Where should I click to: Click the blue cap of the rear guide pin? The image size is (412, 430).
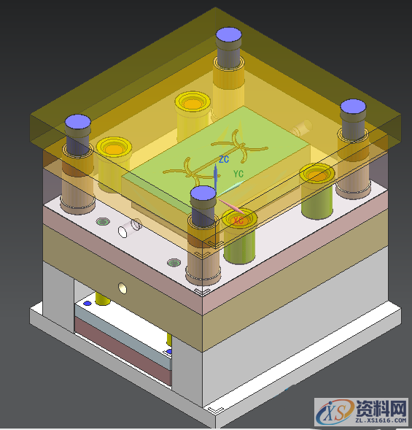point(228,34)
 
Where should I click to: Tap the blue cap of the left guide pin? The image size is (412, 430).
point(77,123)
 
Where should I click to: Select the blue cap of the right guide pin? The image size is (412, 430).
point(353,107)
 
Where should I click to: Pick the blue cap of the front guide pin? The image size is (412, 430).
point(203,193)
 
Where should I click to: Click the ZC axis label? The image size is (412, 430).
point(224,158)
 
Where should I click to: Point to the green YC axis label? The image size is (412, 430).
point(238,174)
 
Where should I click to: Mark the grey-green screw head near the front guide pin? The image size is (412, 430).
point(174,263)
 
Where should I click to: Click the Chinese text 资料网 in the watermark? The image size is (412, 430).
point(380,406)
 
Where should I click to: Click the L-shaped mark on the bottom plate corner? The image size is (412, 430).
point(212,410)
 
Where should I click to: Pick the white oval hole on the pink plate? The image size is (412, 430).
point(135,225)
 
